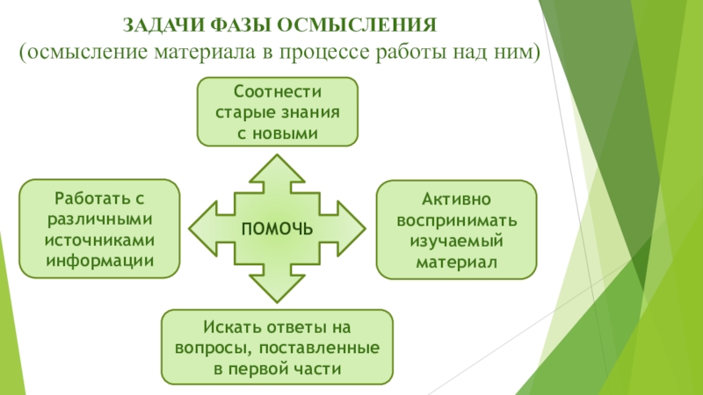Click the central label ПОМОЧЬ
tap(278, 228)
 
